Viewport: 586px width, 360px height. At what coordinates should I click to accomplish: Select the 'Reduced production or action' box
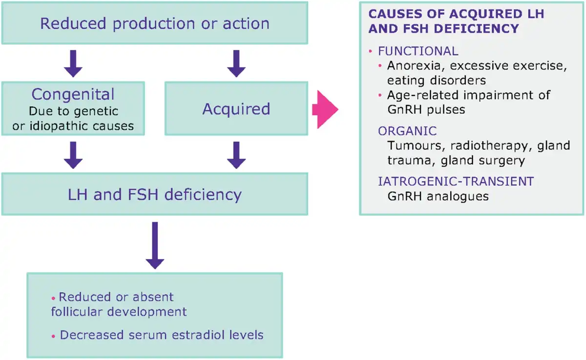pos(155,23)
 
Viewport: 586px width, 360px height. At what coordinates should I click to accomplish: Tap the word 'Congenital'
pos(73,94)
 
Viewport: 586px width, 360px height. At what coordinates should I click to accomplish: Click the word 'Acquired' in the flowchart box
pos(236,109)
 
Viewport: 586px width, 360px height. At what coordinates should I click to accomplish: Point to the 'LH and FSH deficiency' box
pos(155,194)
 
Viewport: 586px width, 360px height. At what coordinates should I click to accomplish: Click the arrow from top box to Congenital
pos(73,64)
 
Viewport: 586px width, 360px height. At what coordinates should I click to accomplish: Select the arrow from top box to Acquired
pos(236,64)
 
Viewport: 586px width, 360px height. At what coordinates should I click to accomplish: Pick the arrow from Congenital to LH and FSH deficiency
pos(73,155)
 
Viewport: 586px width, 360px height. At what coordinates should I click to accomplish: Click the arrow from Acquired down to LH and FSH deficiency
pos(236,155)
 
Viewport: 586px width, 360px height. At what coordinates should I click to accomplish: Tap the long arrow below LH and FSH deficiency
pos(155,245)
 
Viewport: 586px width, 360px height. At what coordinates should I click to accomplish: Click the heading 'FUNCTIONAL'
pos(418,51)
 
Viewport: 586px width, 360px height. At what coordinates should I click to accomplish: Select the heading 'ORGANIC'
pos(407,131)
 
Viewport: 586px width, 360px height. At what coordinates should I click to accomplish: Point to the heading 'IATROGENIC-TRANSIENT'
pos(456,181)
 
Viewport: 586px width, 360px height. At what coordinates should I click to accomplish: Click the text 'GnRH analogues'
pos(438,196)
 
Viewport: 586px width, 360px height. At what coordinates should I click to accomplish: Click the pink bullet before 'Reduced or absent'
pos(53,298)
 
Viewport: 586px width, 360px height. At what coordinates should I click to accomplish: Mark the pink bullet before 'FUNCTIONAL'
pos(370,51)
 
